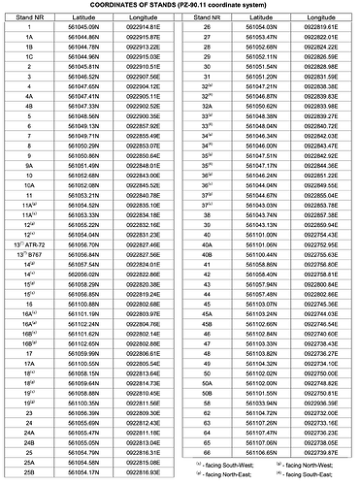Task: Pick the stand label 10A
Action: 30,185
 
